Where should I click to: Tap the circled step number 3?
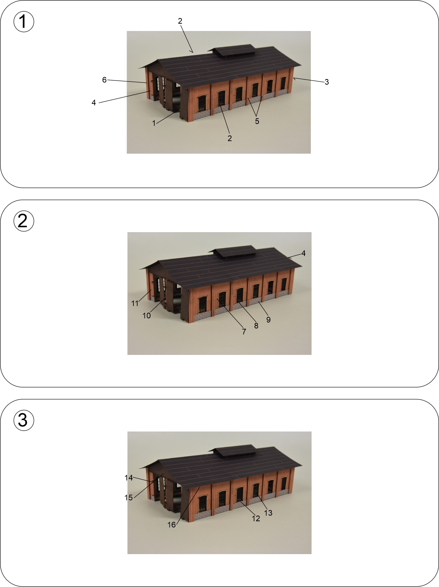pyautogui.click(x=23, y=420)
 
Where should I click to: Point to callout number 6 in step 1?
pyautogui.click(x=104, y=80)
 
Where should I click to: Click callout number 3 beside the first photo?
pyautogui.click(x=327, y=82)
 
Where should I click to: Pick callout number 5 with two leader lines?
pyautogui.click(x=257, y=121)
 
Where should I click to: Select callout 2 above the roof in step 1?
pyautogui.click(x=180, y=21)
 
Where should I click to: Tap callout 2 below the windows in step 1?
pyautogui.click(x=230, y=138)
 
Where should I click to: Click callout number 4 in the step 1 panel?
pyautogui.click(x=94, y=103)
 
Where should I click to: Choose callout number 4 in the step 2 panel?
pyautogui.click(x=303, y=253)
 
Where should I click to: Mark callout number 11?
pyautogui.click(x=135, y=304)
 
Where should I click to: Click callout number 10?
pyautogui.click(x=147, y=316)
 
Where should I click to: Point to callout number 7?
pyautogui.click(x=244, y=332)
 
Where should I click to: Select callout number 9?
pyautogui.click(x=268, y=319)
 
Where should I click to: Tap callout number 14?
pyautogui.click(x=129, y=478)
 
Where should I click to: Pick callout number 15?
pyautogui.click(x=129, y=497)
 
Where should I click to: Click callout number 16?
pyautogui.click(x=172, y=525)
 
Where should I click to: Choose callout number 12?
pyautogui.click(x=256, y=519)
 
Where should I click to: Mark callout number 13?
pyautogui.click(x=268, y=513)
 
